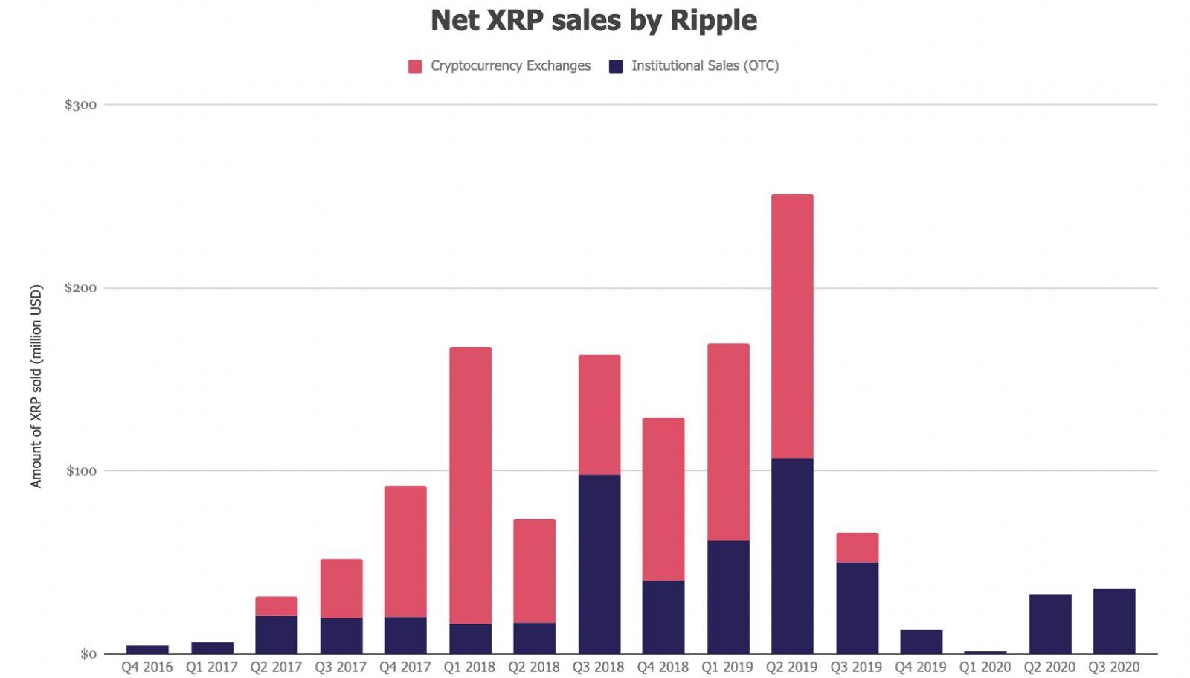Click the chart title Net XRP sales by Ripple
(594, 21)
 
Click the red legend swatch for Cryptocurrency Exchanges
(415, 66)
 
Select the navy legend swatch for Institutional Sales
(616, 66)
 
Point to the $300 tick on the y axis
(80, 105)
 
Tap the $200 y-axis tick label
(80, 288)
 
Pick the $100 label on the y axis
(80, 471)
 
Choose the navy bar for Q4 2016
(147, 650)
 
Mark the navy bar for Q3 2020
(1114, 621)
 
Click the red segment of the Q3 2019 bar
(857, 548)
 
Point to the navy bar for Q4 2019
(921, 642)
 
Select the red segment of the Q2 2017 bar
(276, 607)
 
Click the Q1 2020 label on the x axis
(985, 667)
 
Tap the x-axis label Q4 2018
(663, 667)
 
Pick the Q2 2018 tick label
(534, 667)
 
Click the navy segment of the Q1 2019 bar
(728, 597)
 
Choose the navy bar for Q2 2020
(1050, 624)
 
